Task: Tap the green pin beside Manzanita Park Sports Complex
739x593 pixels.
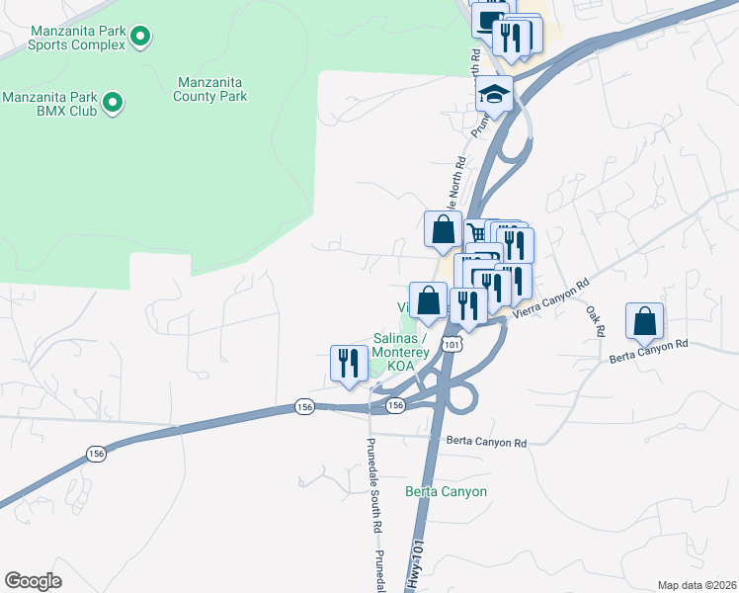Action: click(140, 38)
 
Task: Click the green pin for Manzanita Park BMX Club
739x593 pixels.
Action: click(113, 102)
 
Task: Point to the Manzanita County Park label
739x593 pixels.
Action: click(210, 89)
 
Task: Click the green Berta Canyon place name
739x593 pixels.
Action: click(446, 491)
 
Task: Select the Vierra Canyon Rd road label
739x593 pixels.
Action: click(550, 296)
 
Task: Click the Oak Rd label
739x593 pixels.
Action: click(595, 320)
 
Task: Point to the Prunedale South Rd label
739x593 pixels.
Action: click(373, 484)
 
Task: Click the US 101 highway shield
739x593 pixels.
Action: click(452, 343)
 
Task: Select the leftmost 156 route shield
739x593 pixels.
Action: click(96, 454)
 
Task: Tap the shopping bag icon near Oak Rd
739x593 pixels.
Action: click(644, 321)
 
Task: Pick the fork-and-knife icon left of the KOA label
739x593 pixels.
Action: click(347, 363)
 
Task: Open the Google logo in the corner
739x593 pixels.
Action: click(33, 581)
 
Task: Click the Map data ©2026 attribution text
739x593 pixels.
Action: click(697, 585)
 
